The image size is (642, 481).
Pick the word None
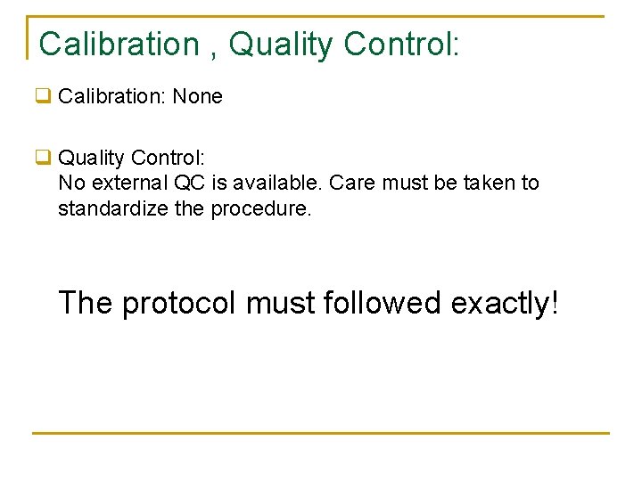point(197,96)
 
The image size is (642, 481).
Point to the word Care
point(351,183)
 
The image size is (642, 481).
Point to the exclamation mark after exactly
point(555,303)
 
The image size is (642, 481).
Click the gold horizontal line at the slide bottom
point(321,434)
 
